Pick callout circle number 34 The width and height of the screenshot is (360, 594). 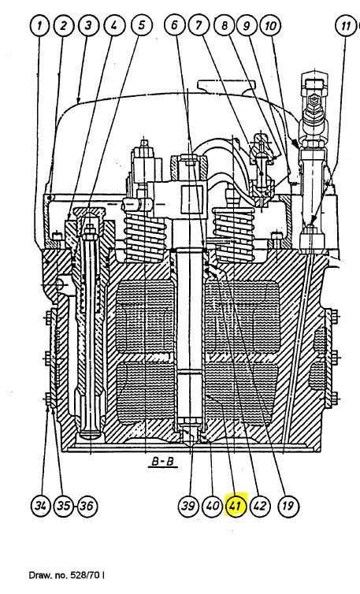39,506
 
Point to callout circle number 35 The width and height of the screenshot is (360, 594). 63,506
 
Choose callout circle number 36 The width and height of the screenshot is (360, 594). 87,506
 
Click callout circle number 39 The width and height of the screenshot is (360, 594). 187,506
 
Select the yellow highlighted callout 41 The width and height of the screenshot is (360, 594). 236,506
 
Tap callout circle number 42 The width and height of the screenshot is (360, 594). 259,506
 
